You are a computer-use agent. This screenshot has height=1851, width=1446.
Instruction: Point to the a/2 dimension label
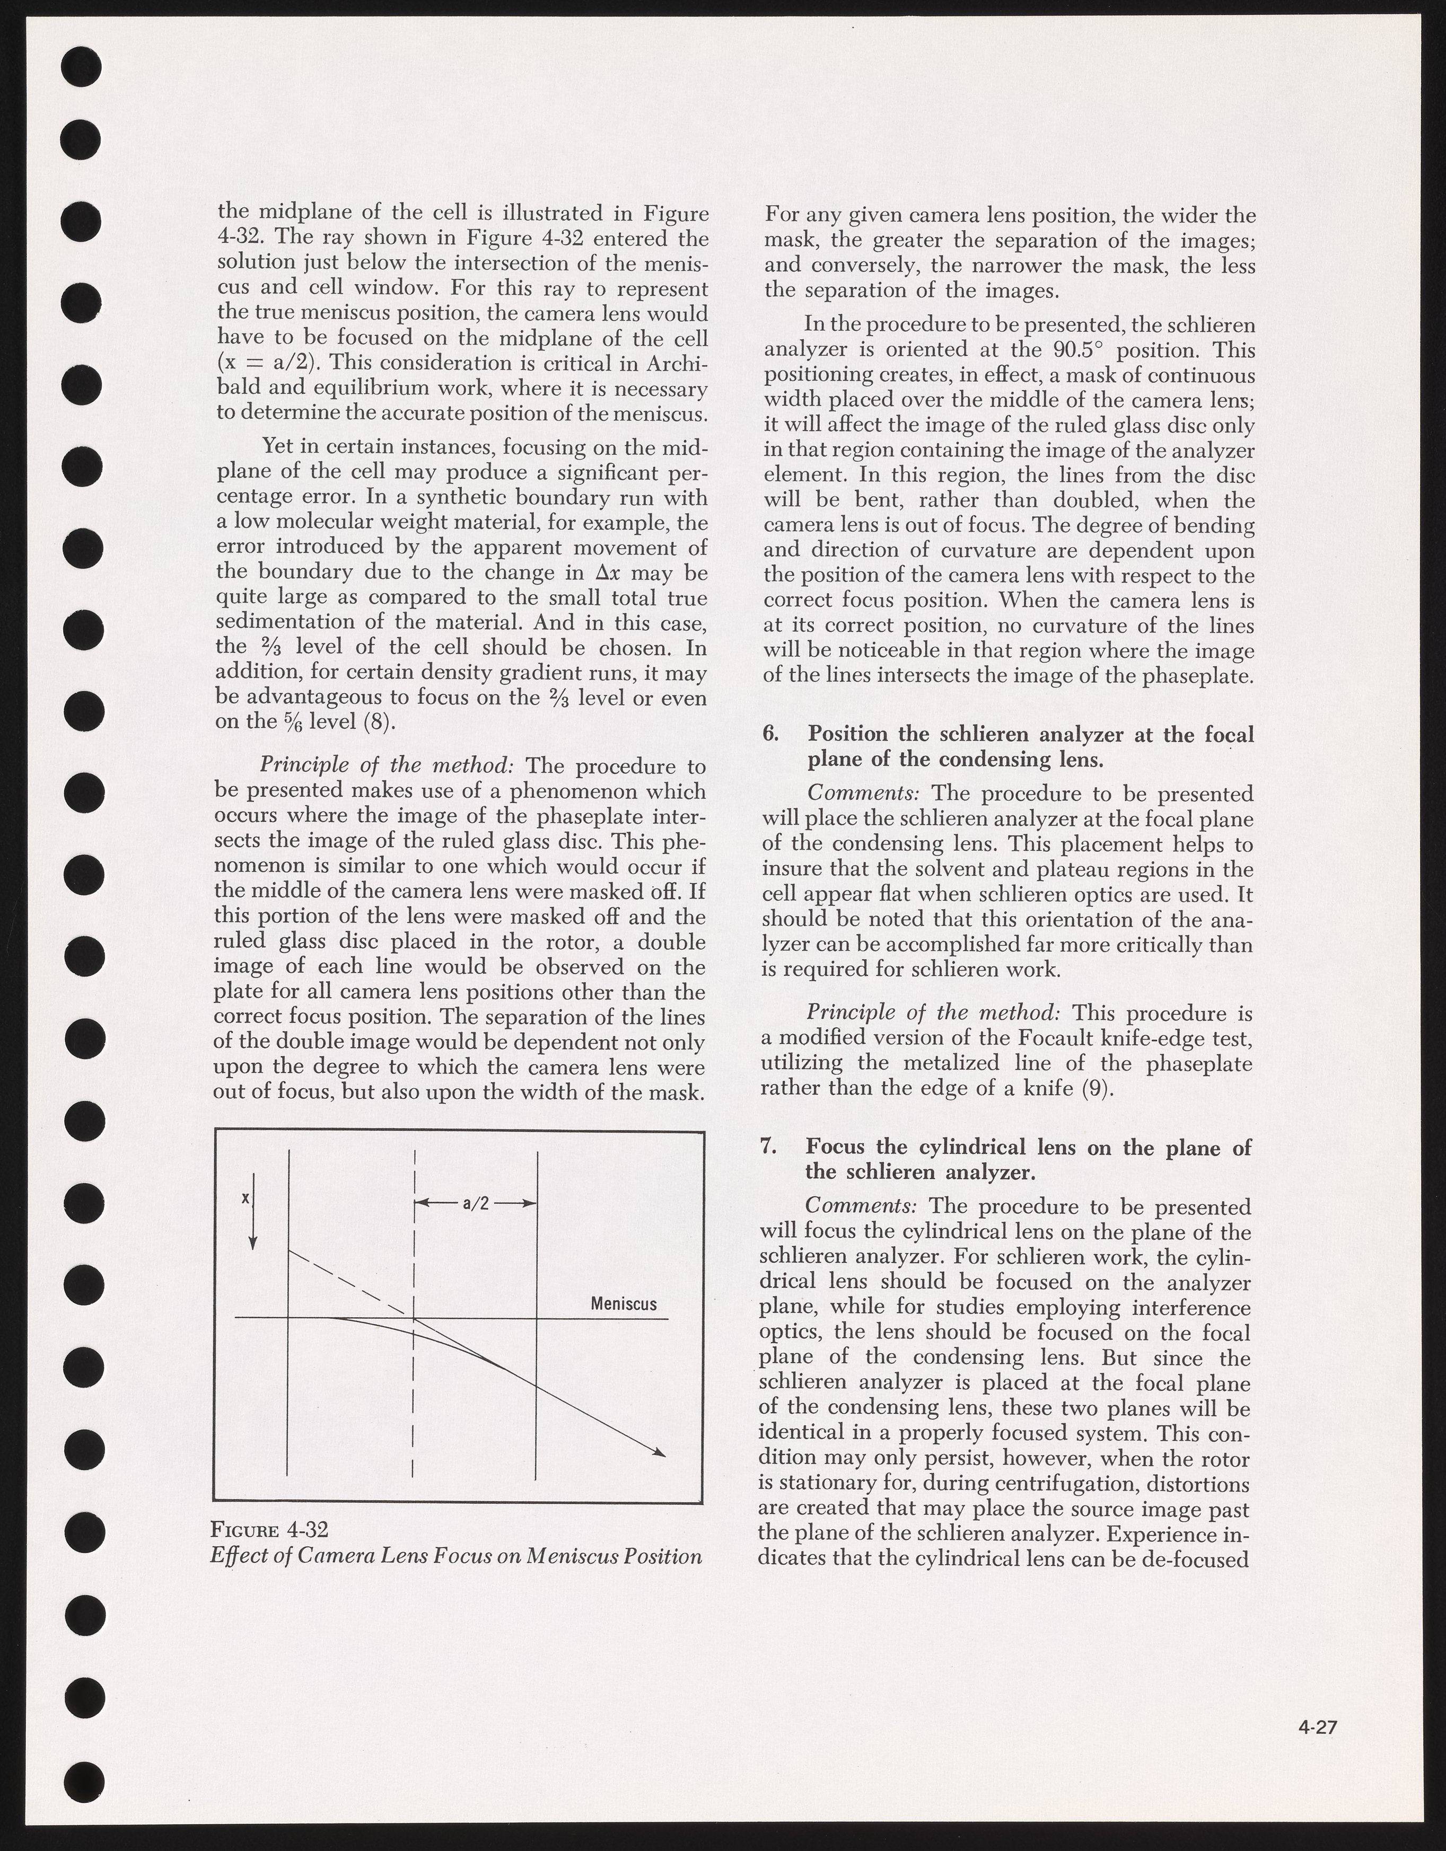point(476,1203)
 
